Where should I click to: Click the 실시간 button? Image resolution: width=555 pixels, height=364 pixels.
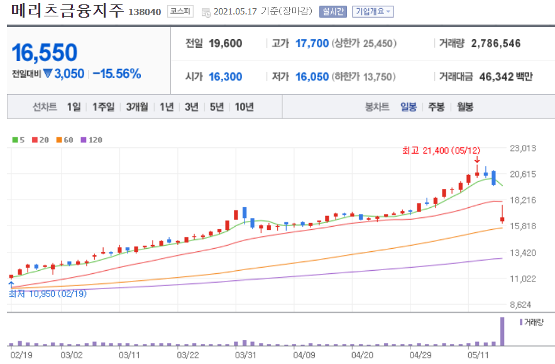coord(332,12)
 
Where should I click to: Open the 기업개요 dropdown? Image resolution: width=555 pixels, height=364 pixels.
coord(373,12)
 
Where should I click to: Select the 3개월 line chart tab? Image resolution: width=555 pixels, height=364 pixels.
coord(137,107)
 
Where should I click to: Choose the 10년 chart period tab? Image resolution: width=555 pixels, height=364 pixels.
coord(245,107)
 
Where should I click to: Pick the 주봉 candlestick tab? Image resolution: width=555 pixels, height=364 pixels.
coord(436,107)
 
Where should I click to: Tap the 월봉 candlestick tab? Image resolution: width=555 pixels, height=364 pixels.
coord(464,107)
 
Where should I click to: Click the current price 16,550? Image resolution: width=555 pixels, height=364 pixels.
coord(45,52)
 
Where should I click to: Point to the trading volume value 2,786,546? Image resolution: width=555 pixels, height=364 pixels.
coord(495,43)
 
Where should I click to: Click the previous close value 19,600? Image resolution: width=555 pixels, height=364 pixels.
coord(226,43)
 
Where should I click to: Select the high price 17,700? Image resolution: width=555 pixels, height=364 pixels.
coord(312,43)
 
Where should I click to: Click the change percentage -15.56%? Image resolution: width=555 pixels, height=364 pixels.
coord(117,74)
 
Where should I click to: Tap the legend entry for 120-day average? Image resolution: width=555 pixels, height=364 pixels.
coord(92,140)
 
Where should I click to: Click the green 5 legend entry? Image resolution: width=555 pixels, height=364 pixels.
coord(18,140)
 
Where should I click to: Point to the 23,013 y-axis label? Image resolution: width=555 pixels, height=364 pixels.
coord(523,148)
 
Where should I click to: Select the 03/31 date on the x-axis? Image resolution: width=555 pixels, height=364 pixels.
coord(246,355)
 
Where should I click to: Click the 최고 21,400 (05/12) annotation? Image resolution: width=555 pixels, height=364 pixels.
coord(441,151)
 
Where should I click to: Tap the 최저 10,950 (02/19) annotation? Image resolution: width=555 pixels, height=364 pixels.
coord(48,293)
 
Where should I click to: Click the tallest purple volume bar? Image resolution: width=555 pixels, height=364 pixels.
coord(502,331)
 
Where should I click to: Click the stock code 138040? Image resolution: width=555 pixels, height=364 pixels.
coord(145,12)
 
